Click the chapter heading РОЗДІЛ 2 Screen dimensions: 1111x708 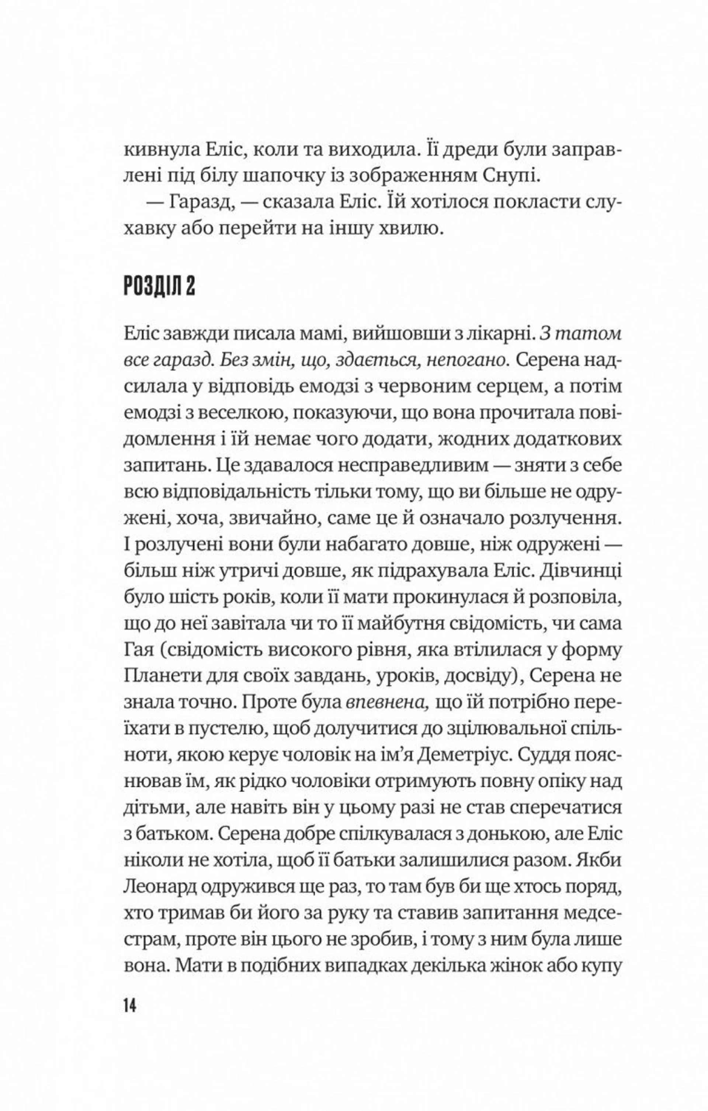click(x=159, y=287)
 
